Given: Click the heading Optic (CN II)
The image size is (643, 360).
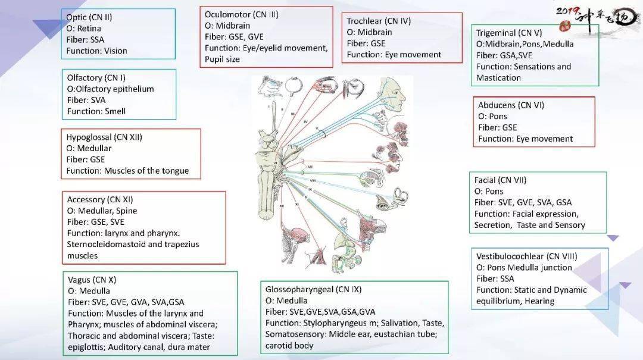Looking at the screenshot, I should (x=89, y=17).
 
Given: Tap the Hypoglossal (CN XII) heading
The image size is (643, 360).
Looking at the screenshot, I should (x=104, y=137).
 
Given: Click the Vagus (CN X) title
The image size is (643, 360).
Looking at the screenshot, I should (x=92, y=280).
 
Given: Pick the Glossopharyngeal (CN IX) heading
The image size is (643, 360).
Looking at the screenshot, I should (x=313, y=289).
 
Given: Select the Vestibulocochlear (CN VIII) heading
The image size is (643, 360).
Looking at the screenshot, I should (x=526, y=256).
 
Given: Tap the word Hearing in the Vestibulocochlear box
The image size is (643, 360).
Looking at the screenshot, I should (x=539, y=301).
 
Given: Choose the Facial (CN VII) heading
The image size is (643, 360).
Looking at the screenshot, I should (x=500, y=180).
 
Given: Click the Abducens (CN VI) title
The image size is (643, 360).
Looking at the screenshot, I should (x=511, y=105).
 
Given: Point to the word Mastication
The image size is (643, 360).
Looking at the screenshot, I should (x=498, y=78).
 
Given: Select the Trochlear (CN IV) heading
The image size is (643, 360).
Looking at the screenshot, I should (x=379, y=21).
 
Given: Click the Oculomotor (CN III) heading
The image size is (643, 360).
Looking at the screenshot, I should (x=241, y=14).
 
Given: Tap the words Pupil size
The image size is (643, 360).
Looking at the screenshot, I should (x=221, y=60).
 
